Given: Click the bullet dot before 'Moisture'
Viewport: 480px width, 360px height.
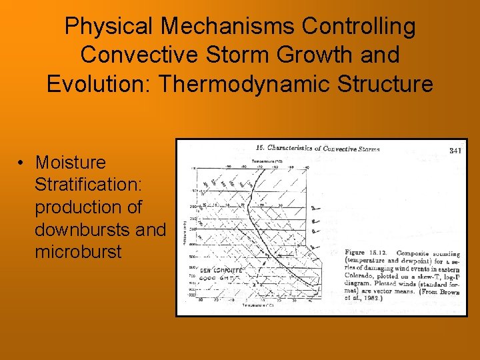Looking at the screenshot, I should [23, 163].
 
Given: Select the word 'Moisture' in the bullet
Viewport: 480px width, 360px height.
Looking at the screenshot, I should [71, 163].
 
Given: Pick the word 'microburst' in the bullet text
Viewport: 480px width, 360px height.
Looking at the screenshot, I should [79, 253].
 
